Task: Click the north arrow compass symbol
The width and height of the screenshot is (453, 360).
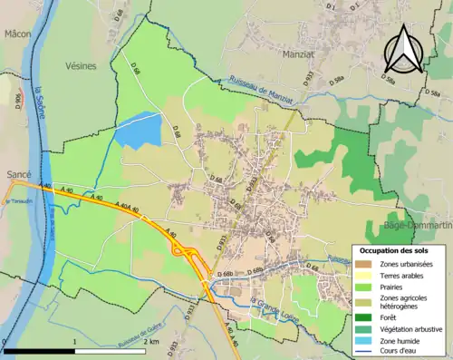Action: coord(402,48)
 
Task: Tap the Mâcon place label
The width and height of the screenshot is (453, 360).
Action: coord(17,34)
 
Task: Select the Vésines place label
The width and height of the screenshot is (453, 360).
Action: coord(80,66)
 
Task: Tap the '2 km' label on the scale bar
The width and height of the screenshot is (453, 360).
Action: coord(155,342)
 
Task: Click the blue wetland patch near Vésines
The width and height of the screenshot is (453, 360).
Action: coord(137,131)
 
